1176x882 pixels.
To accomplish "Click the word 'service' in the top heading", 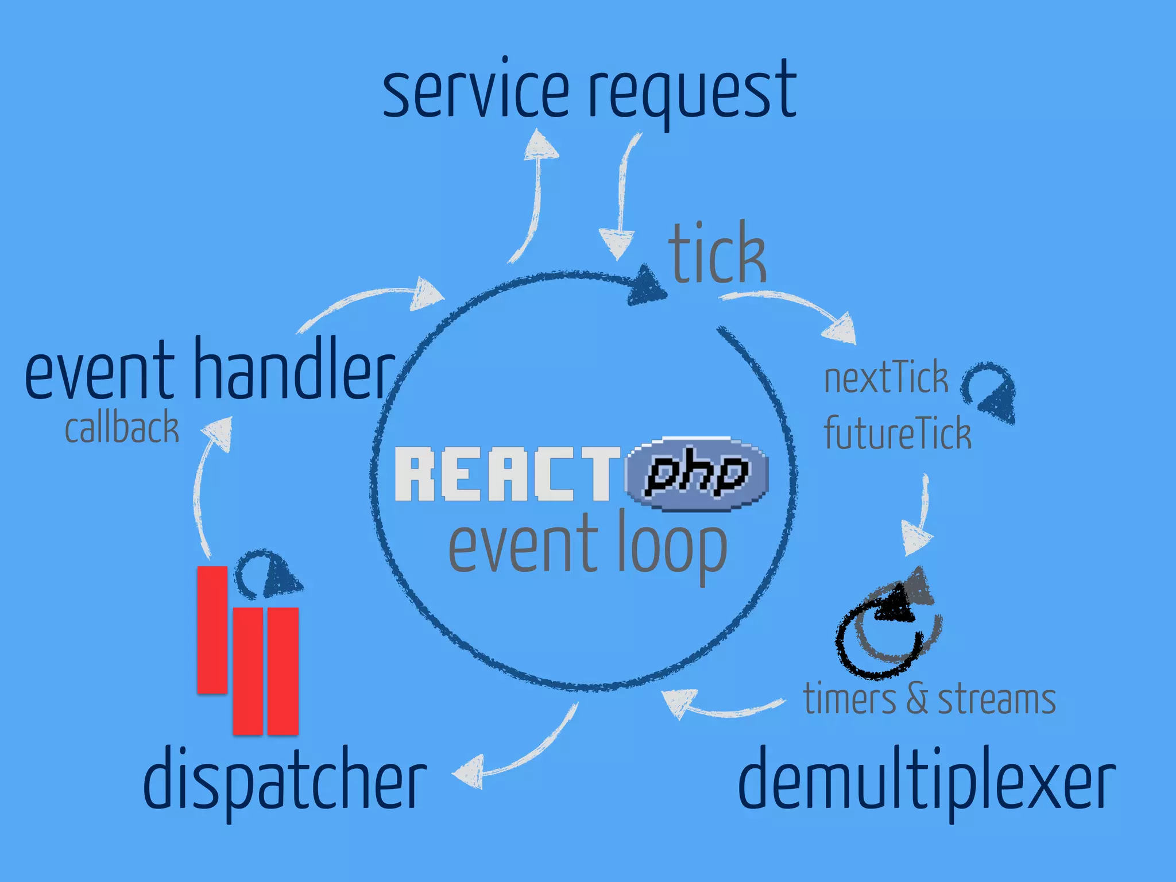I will click(475, 92).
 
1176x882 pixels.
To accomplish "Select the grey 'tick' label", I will click(717, 253).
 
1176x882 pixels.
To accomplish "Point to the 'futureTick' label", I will click(897, 433).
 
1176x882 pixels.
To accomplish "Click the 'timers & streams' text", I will click(929, 699).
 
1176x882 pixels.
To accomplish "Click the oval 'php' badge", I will click(697, 474).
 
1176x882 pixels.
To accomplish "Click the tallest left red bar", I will click(212, 629).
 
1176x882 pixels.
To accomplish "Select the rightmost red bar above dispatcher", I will click(283, 671).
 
